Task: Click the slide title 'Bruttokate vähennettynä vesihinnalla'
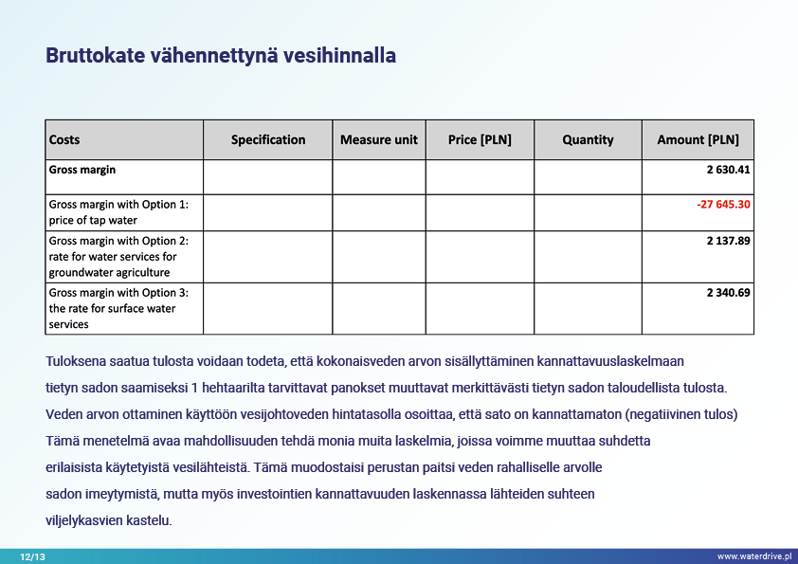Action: [x=221, y=56]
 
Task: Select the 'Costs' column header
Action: [x=64, y=139]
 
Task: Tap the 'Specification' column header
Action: [x=268, y=139]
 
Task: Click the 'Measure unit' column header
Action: [x=379, y=139]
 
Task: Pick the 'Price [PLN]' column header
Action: [x=480, y=139]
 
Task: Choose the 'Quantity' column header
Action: [x=588, y=139]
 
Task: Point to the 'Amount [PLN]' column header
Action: [x=698, y=139]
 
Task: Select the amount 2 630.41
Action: [x=728, y=170]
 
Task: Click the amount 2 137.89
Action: [x=728, y=241]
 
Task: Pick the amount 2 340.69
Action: [x=728, y=292]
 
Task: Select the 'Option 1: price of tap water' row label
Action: [x=118, y=212]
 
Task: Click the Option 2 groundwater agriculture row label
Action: [x=118, y=256]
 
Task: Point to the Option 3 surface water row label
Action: [x=118, y=308]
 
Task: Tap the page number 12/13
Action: [x=32, y=556]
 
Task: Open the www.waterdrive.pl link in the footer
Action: [x=753, y=556]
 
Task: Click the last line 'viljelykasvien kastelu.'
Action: [x=109, y=520]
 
